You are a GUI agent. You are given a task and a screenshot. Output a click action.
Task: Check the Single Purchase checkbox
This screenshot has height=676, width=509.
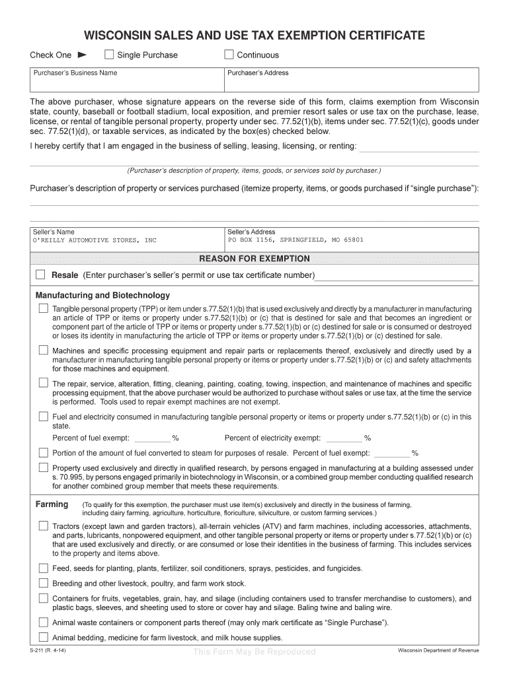[109, 55]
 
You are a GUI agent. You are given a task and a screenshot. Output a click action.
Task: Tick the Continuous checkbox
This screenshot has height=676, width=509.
[229, 55]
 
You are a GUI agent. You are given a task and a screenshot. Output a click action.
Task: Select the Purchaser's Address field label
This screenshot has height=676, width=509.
[258, 73]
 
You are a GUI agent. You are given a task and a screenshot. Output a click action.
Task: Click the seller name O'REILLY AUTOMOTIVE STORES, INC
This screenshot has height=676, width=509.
[95, 240]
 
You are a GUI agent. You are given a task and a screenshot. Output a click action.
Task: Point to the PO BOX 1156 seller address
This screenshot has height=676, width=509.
[295, 240]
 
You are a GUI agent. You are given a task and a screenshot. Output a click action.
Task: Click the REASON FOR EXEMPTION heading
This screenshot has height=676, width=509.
[255, 259]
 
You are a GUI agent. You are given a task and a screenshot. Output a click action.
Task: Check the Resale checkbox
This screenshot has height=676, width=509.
[40, 275]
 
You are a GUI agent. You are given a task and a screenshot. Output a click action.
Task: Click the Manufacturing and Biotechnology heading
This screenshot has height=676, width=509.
[102, 295]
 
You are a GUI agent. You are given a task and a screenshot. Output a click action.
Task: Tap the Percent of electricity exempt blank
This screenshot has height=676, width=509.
[344, 438]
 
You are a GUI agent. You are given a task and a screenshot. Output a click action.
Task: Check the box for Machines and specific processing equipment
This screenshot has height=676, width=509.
[43, 351]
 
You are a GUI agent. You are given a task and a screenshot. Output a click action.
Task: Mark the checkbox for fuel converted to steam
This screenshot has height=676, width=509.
[43, 453]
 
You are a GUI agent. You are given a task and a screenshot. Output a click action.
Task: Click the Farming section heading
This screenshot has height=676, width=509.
[52, 504]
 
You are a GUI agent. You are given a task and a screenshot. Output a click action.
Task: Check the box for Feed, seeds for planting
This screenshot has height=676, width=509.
[43, 568]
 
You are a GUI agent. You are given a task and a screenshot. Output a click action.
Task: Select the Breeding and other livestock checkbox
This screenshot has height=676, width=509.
[43, 584]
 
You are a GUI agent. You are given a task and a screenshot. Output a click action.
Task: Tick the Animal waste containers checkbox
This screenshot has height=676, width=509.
[43, 623]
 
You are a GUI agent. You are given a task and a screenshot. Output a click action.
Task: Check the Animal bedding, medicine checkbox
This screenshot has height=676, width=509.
[43, 638]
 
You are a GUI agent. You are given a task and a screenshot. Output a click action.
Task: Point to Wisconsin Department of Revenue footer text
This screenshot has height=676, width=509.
[438, 651]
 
